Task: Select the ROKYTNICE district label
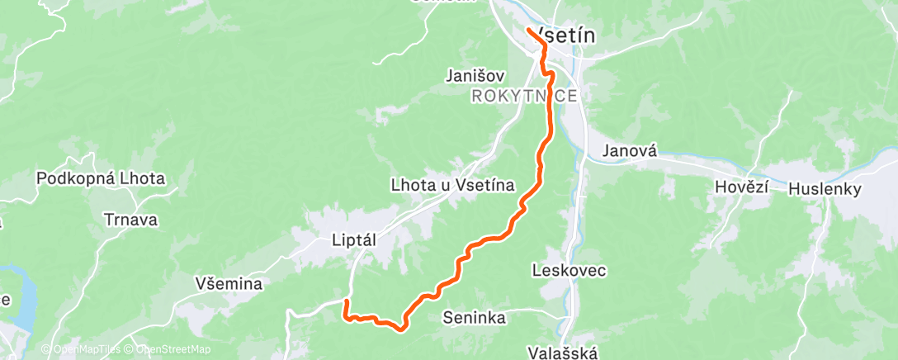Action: pyautogui.click(x=524, y=97)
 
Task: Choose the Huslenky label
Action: pyautogui.click(x=825, y=189)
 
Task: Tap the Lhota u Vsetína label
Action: pyautogui.click(x=452, y=186)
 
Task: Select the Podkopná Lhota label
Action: pyautogui.click(x=101, y=178)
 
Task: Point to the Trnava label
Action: pyautogui.click(x=131, y=220)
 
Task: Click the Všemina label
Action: pyautogui.click(x=229, y=284)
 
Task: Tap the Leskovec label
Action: pyautogui.click(x=570, y=270)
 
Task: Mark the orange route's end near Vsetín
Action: pyautogui.click(x=528, y=31)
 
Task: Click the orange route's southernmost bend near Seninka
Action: pyautogui.click(x=400, y=329)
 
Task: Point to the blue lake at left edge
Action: pyautogui.click(x=21, y=297)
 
